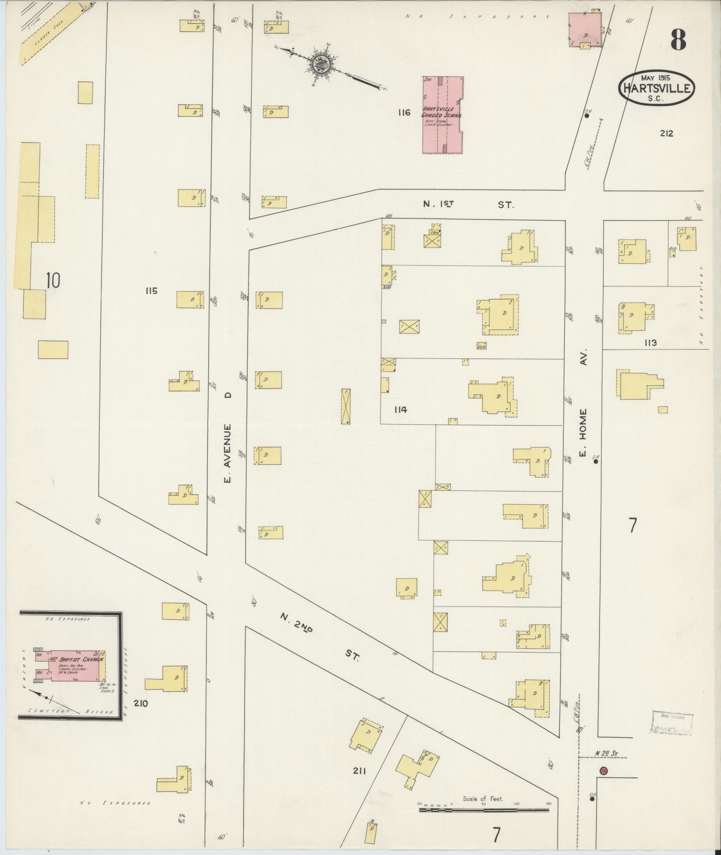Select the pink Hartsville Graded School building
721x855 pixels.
[x=443, y=114]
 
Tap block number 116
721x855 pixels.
[x=404, y=113]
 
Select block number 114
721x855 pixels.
[x=401, y=409]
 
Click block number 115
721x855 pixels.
[x=151, y=291]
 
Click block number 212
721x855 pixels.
[x=666, y=133]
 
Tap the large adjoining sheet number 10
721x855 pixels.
[x=53, y=281]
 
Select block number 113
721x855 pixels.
[x=650, y=343]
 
